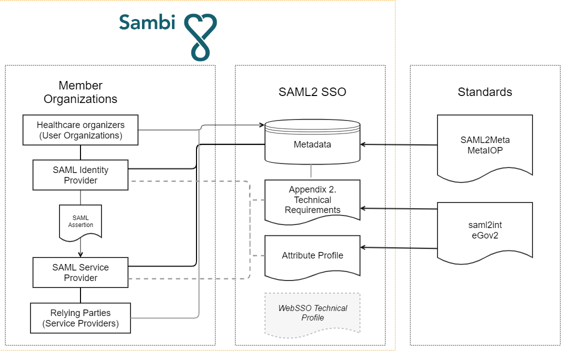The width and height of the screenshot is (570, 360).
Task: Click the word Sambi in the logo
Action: pyautogui.click(x=147, y=22)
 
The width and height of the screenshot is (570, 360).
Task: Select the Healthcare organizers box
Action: pyautogui.click(x=80, y=130)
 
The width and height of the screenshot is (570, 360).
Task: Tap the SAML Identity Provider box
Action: pyautogui.click(x=80, y=175)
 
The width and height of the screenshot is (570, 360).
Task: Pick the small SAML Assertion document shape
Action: pyautogui.click(x=80, y=222)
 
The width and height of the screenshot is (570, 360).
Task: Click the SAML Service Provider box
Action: pyautogui.click(x=80, y=272)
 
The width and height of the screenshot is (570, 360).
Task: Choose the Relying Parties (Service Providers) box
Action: pyautogui.click(x=80, y=318)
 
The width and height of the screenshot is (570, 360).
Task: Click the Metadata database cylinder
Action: pyautogui.click(x=312, y=142)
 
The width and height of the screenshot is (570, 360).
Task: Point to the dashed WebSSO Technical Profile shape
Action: pyautogui.click(x=312, y=314)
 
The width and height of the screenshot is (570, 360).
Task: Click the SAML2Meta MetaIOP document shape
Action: pyautogui.click(x=485, y=147)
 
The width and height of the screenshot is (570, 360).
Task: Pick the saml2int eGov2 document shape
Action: pyautogui.click(x=485, y=232)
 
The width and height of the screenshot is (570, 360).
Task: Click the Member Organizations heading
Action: pyautogui.click(x=80, y=92)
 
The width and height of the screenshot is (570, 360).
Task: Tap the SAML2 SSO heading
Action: pyautogui.click(x=312, y=92)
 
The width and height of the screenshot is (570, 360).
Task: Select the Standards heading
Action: pyautogui.click(x=485, y=92)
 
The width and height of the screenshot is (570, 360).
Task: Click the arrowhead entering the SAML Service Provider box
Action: pyautogui.click(x=80, y=254)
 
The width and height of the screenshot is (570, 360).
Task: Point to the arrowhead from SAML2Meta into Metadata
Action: pyautogui.click(x=363, y=144)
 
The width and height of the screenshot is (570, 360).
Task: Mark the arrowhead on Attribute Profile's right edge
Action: pyautogui.click(x=363, y=247)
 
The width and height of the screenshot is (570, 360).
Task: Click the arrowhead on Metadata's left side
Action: pyautogui.click(x=261, y=125)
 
